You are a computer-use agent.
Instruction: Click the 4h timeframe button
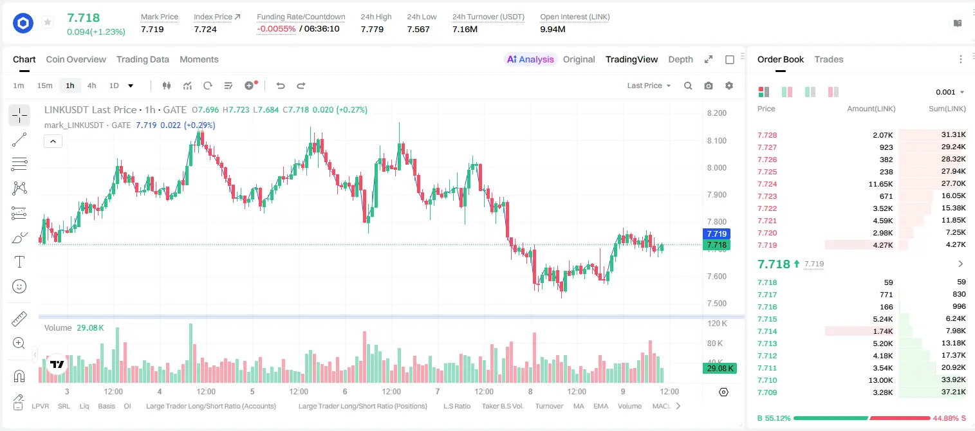point(91,86)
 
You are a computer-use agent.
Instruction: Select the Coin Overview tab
point(76,59)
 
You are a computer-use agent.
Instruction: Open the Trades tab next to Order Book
point(829,59)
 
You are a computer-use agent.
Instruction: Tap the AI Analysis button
point(530,59)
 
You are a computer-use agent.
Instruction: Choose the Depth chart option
point(680,59)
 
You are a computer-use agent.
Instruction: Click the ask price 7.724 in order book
point(767,184)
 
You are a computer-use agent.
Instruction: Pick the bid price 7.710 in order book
point(767,380)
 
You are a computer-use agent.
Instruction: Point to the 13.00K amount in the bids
point(880,380)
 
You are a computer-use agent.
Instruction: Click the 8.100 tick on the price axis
point(716,140)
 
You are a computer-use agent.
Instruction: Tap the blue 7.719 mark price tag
point(716,234)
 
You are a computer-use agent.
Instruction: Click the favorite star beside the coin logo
point(48,22)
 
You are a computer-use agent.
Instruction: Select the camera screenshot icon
point(709,86)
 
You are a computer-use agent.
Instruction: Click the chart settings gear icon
point(729,86)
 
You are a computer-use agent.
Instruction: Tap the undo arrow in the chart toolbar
point(281,86)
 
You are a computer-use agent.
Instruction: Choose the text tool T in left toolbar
point(19,262)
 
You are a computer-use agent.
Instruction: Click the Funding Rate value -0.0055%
point(276,29)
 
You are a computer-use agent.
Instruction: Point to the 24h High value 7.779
point(372,29)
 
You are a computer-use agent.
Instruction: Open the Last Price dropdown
point(649,86)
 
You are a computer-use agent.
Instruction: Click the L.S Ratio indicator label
point(456,406)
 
